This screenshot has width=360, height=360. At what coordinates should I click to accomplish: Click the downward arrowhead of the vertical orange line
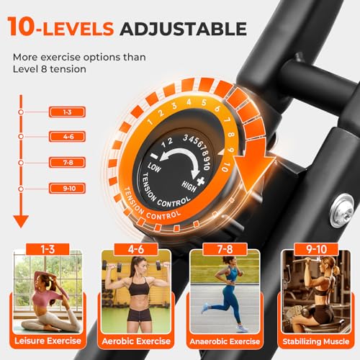(x=21, y=220)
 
